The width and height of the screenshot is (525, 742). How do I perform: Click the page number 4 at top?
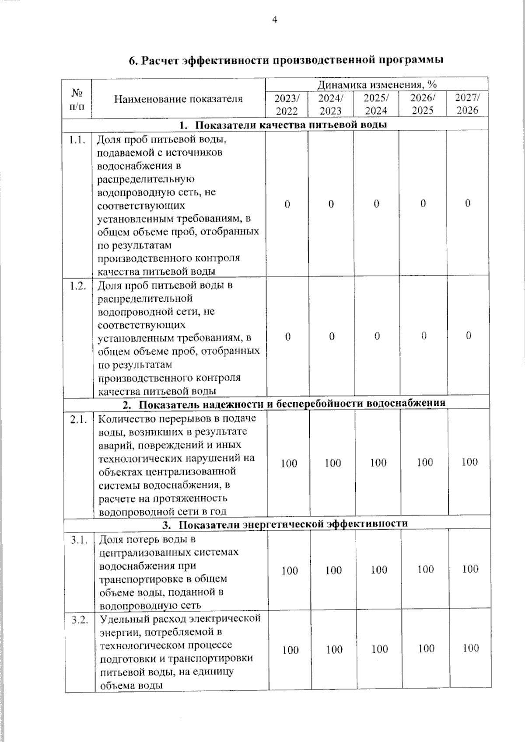point(275,19)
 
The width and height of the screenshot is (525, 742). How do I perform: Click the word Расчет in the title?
point(160,60)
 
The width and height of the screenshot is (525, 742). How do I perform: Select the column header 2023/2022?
point(287,104)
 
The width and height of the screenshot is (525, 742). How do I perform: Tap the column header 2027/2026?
point(467,104)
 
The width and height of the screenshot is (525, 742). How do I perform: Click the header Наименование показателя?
point(178,99)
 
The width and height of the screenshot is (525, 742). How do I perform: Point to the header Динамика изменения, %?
point(377,84)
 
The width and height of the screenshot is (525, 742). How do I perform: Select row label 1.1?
point(77,140)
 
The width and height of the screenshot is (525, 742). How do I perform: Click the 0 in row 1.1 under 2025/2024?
point(377,204)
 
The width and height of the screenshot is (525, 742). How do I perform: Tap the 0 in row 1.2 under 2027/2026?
point(468,336)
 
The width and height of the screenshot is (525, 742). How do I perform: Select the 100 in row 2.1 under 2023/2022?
point(289,463)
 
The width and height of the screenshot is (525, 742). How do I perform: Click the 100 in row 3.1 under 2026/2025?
point(425,569)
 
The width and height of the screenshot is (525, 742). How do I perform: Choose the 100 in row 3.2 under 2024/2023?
point(334,650)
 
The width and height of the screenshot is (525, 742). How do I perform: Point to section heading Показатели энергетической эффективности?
point(293,524)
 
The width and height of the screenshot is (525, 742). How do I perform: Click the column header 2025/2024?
point(376,104)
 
